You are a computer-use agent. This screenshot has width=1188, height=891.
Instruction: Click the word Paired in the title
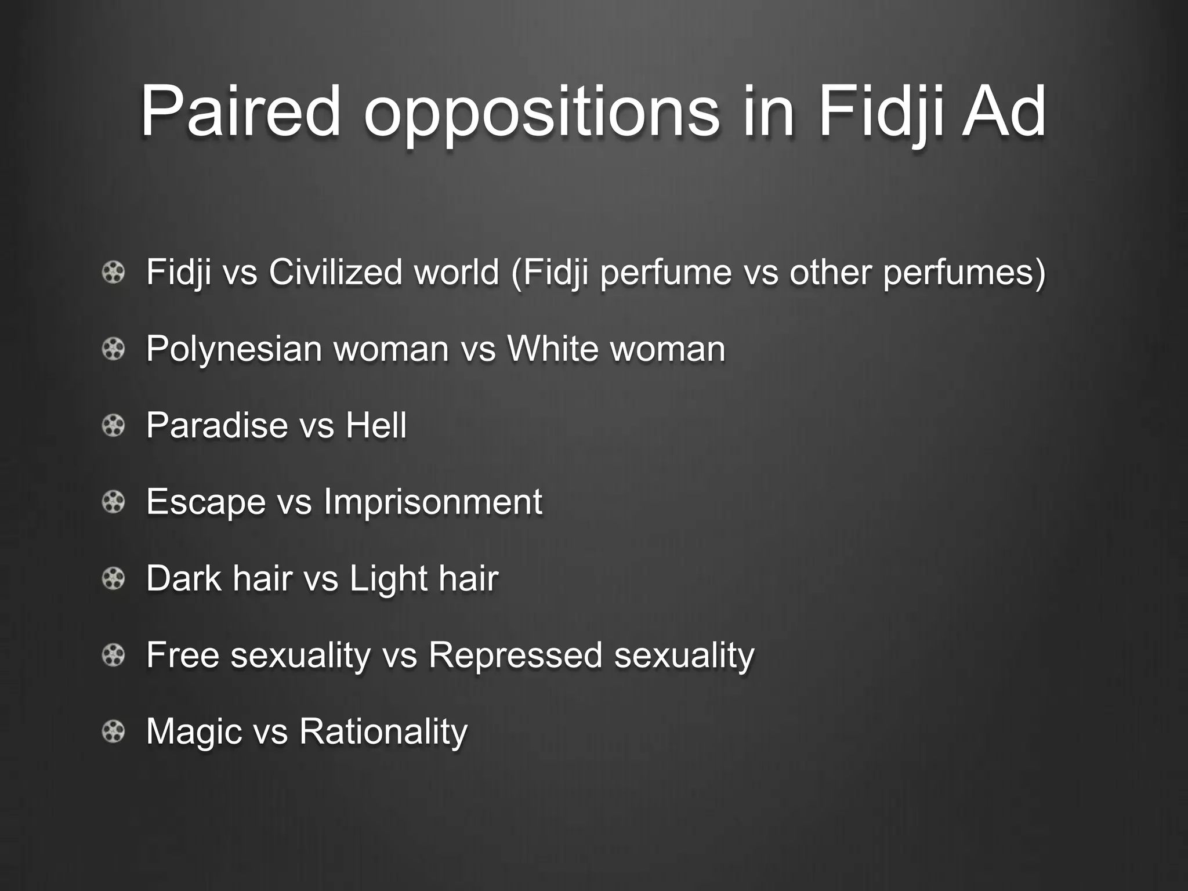[240, 111]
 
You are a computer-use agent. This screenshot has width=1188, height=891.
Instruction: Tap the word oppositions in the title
[541, 113]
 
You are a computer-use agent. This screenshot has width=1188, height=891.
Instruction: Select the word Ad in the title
[1004, 111]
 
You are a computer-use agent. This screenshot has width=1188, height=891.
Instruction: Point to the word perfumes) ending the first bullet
[964, 273]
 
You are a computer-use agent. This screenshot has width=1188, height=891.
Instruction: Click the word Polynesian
[234, 349]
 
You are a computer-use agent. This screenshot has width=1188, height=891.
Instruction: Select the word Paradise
[217, 425]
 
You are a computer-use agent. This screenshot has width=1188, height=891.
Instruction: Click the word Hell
[376, 425]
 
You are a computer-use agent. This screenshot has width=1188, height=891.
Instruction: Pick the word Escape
[206, 502]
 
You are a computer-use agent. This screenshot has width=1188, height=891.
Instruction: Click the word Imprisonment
[433, 502]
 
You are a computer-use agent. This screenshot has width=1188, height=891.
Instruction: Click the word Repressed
[515, 655]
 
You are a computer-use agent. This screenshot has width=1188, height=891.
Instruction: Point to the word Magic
[194, 732]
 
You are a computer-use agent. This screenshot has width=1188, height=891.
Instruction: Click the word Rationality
[383, 732]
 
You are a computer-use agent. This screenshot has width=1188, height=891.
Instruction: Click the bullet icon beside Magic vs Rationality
[114, 731]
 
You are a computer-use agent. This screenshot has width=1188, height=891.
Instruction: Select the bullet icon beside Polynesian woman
[114, 349]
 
